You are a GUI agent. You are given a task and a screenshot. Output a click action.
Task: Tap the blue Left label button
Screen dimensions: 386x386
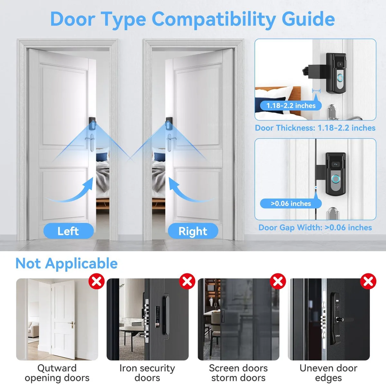tap(69, 231)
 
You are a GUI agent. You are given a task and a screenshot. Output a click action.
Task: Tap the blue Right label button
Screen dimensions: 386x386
tap(193, 231)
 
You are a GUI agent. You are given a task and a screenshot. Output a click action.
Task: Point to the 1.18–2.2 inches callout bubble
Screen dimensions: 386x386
tap(291, 106)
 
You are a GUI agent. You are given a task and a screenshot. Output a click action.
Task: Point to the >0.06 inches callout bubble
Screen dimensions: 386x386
tap(291, 204)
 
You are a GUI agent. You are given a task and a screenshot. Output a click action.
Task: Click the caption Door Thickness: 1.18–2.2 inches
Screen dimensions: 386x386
tap(315, 128)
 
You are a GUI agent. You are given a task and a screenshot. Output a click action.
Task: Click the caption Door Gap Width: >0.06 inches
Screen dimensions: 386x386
tap(315, 227)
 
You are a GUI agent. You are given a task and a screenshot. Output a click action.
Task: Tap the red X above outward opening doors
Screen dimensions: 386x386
tap(96, 281)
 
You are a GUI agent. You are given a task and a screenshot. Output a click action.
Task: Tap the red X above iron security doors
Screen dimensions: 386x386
tap(187, 281)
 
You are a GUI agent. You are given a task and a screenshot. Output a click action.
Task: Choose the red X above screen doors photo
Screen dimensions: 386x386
tap(278, 281)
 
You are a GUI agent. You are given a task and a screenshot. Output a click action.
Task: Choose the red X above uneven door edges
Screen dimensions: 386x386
tap(368, 281)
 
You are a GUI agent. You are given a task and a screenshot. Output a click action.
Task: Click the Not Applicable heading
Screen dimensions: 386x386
tap(67, 263)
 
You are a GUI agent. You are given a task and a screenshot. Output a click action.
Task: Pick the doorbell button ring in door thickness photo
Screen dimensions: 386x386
tap(340, 78)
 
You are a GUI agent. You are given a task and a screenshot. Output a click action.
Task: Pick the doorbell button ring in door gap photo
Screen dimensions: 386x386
tap(335, 179)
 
